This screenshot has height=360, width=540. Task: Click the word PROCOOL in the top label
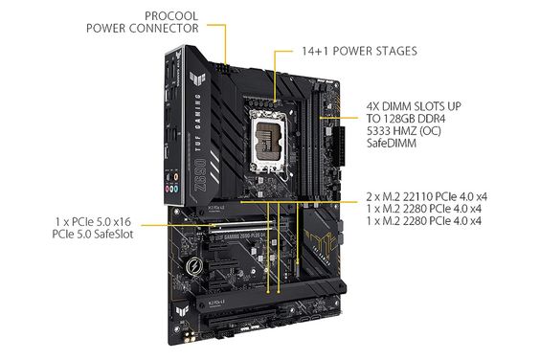coord(171,14)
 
